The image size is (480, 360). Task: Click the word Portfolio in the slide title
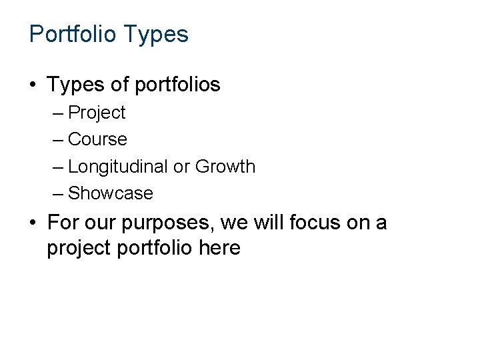pos(74,34)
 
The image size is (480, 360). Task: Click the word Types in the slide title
pos(157,34)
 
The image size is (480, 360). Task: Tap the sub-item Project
pos(97,113)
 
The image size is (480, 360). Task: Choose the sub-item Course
pos(97,140)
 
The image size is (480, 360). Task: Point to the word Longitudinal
pos(118,167)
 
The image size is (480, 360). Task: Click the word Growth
pos(225,167)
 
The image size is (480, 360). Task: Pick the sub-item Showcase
pos(111,194)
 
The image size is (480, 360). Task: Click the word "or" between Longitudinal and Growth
pos(181,167)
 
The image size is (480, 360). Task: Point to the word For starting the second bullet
pos(63,222)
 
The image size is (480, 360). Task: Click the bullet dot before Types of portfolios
pos(33,85)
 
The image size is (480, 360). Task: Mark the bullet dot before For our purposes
pos(33,222)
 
